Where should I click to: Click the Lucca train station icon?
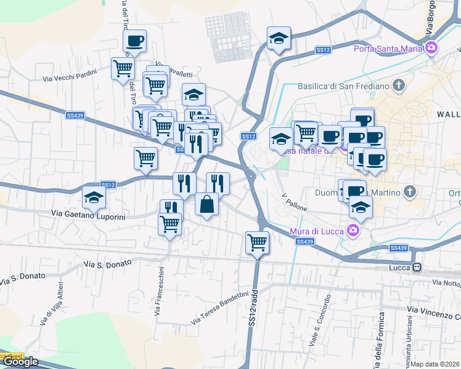pos(418,268)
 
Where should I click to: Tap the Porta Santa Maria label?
pos(388,48)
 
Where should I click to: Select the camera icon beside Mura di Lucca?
pos(353,231)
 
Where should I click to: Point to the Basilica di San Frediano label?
pos(343,87)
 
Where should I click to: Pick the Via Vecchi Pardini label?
pos(70,77)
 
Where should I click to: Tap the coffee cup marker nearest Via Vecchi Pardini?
pos(134,41)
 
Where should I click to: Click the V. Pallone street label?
pos(294,204)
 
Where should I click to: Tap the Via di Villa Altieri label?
pos(52,303)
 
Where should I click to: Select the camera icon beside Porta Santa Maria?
pos(431,47)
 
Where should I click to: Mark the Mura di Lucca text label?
pos(317,231)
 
